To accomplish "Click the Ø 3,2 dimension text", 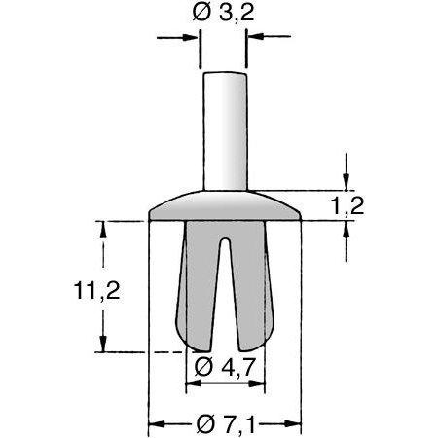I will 224,15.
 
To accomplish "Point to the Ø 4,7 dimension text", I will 226,368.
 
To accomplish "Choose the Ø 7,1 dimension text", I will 226,424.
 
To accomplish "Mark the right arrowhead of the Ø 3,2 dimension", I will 255,38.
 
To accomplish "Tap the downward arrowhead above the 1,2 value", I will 346,181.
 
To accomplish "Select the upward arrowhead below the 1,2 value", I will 346,230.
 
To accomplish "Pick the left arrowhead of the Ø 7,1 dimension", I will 155,423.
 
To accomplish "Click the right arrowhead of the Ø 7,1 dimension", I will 295,423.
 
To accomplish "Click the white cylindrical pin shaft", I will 224,127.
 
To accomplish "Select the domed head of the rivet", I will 225,203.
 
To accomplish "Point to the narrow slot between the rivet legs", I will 225,282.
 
